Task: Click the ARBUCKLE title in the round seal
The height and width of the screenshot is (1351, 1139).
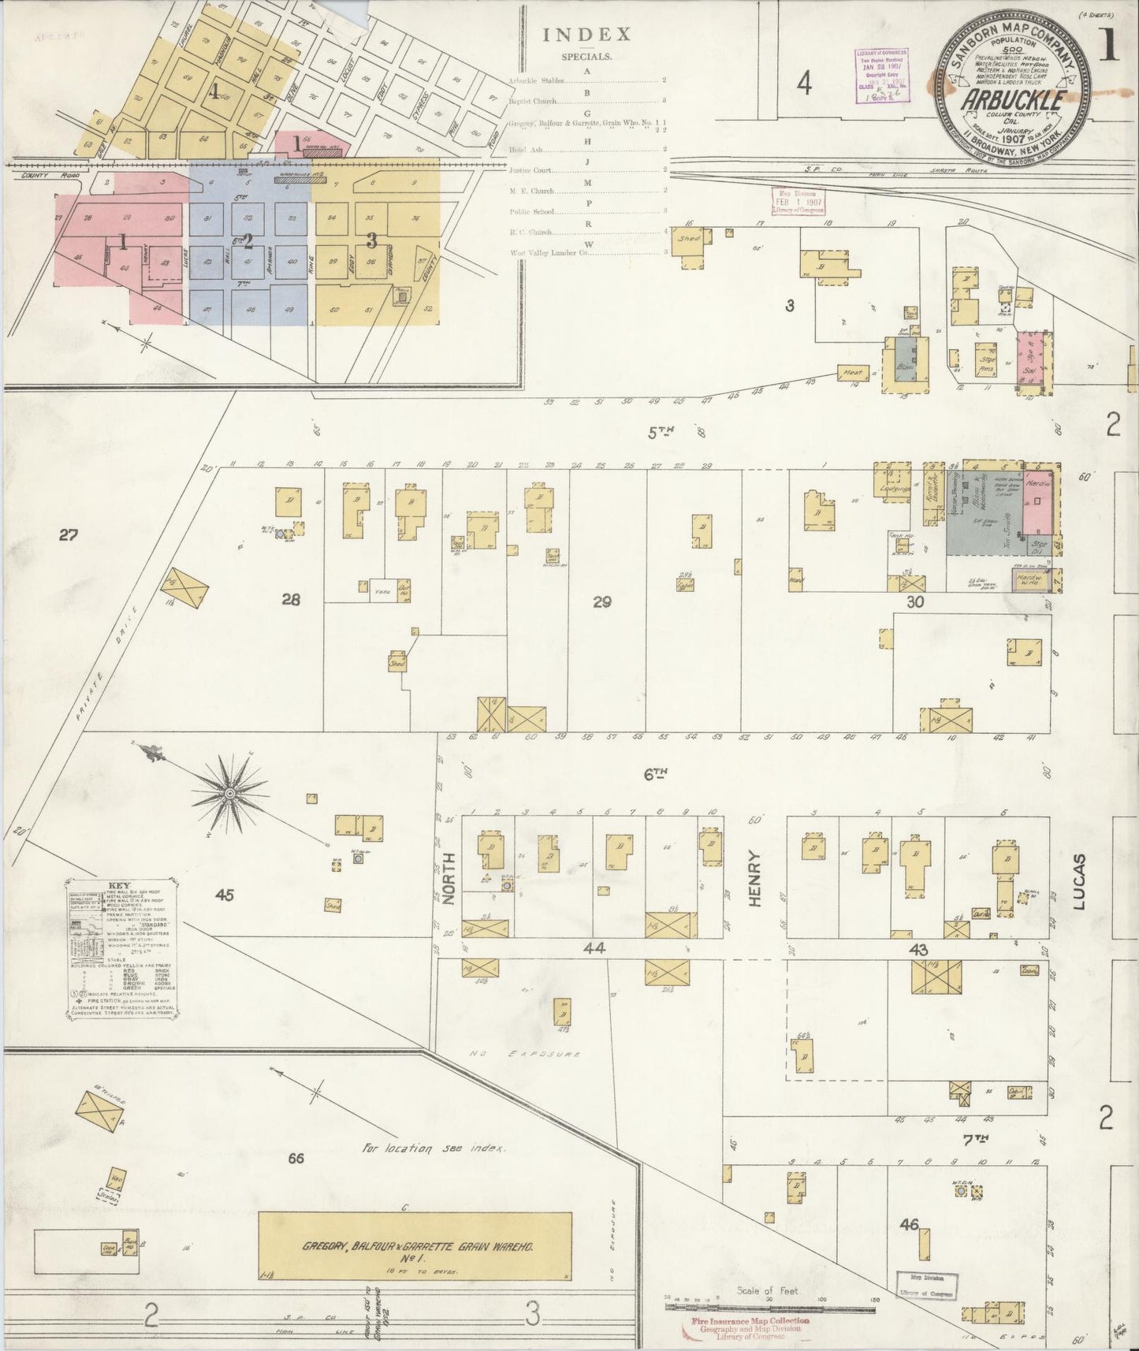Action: [x=1014, y=101]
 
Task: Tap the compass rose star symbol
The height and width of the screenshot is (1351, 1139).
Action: [x=229, y=791]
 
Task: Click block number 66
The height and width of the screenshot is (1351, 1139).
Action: [x=296, y=1158]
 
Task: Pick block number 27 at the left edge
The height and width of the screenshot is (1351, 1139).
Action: [x=69, y=536]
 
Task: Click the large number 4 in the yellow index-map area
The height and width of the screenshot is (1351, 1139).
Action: [x=213, y=93]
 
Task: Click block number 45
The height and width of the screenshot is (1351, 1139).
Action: [x=225, y=895]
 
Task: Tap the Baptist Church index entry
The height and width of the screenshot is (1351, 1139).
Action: [x=533, y=101]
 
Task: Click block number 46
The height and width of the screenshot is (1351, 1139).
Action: [x=909, y=1224]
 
